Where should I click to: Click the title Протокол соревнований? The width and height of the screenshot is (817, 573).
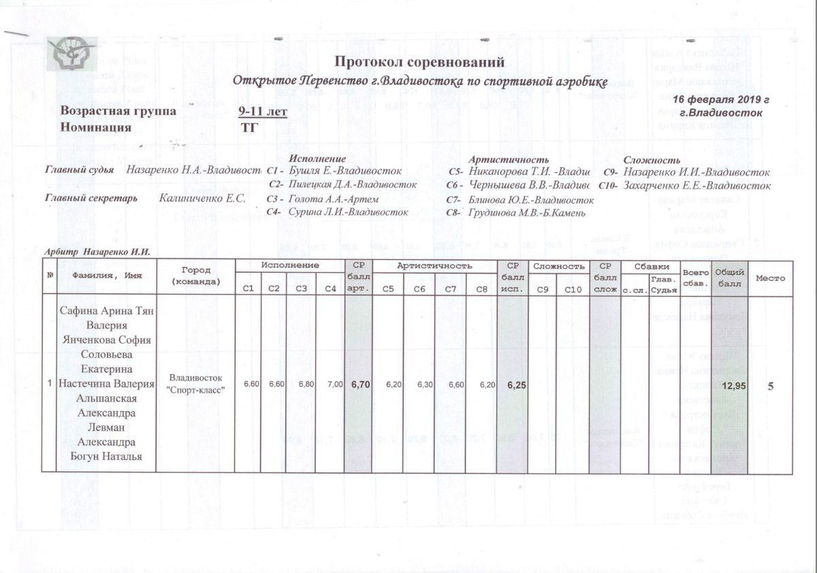click(420, 62)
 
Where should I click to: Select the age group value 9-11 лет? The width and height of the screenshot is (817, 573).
click(263, 112)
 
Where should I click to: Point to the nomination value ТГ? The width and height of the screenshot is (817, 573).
click(250, 127)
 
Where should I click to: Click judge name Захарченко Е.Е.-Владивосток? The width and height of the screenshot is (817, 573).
click(696, 185)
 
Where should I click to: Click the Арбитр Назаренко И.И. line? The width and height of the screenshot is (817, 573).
click(97, 252)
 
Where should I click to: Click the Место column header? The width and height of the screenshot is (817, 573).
click(770, 278)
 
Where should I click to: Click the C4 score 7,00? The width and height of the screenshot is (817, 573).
click(335, 384)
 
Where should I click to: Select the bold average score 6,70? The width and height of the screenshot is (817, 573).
click(360, 384)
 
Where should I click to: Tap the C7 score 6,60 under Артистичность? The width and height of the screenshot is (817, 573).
click(456, 384)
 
